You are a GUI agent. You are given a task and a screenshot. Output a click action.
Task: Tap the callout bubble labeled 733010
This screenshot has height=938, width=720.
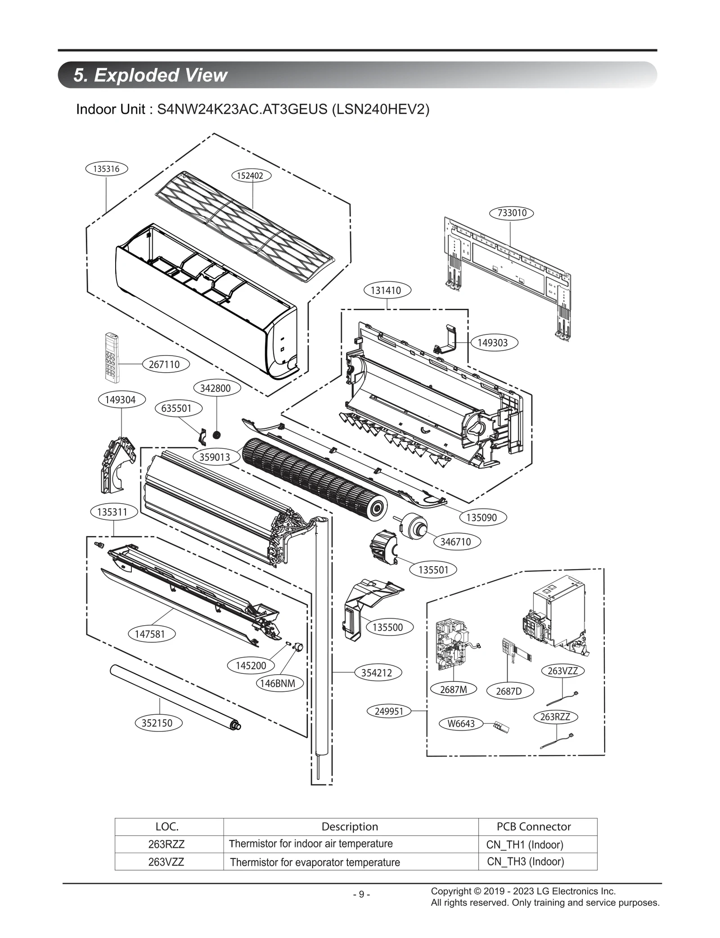coord(512,213)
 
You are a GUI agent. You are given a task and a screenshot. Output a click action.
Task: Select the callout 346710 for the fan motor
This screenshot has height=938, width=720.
coord(455,541)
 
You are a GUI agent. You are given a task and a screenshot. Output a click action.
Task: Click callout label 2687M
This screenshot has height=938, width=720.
coord(453,689)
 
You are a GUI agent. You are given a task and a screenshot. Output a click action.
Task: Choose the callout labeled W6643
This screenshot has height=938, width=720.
coord(461,723)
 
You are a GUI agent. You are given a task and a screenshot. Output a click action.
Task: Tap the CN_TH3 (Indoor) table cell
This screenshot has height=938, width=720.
coord(525,861)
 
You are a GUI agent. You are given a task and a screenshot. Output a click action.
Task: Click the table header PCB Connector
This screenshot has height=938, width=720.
coord(533,826)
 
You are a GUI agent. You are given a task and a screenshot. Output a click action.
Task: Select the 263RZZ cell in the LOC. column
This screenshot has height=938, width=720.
coord(166,844)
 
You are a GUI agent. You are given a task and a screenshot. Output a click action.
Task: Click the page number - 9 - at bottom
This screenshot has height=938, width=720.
coord(361,894)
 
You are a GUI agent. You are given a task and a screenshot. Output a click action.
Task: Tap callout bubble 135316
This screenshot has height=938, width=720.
coord(106,169)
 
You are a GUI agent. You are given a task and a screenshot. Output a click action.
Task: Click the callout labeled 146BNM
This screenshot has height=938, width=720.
coord(278,683)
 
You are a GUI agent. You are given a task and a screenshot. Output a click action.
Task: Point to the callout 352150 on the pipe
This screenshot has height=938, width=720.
coord(157,723)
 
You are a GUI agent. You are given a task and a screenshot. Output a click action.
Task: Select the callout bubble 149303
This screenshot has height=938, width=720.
coord(492,343)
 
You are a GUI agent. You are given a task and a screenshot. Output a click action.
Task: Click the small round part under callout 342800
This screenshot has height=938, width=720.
coord(217,435)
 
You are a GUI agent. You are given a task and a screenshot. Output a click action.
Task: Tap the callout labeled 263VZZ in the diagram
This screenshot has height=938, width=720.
coord(562,671)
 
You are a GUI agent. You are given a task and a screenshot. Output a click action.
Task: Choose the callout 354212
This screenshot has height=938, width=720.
coord(377,672)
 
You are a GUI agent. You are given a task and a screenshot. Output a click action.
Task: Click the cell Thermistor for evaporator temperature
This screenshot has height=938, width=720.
coord(315,862)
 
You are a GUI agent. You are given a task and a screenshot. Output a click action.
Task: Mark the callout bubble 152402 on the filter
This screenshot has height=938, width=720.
coord(250,176)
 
